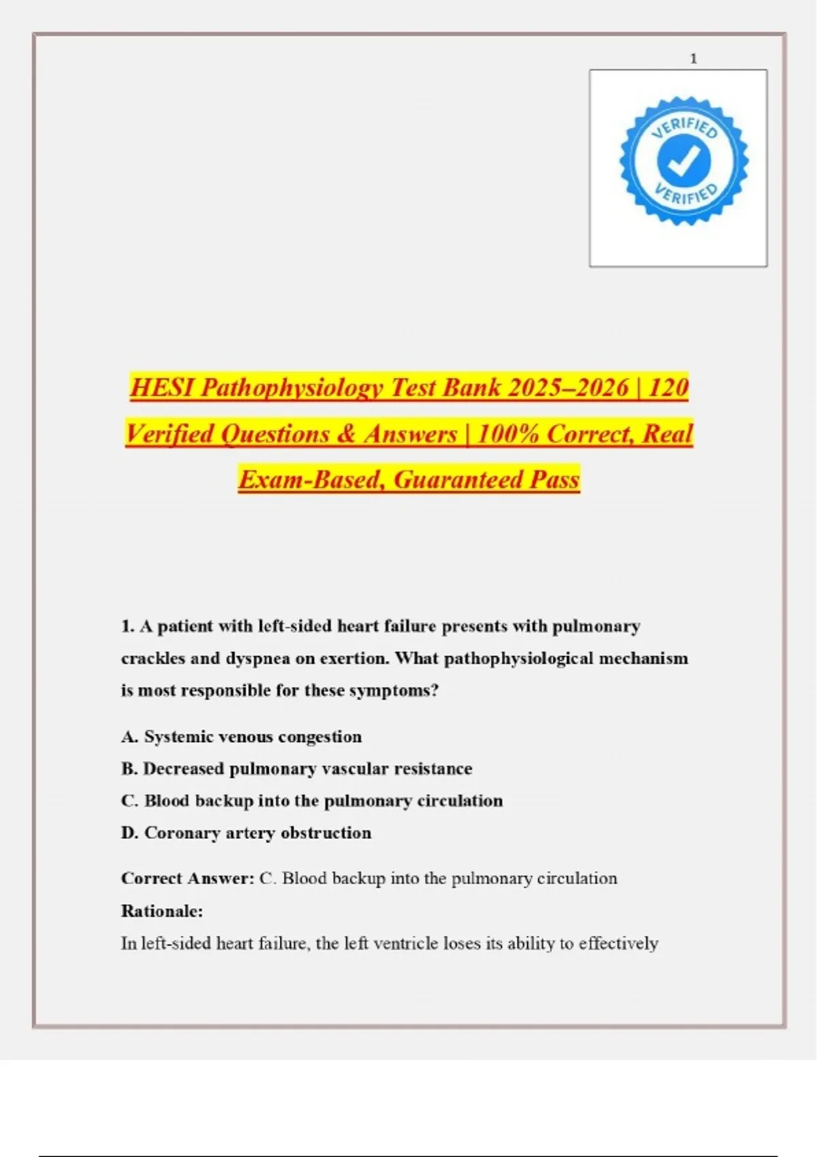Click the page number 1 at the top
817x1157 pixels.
693,59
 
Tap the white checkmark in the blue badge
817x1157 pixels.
684,161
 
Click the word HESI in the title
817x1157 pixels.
162,387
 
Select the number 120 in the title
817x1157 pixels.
668,387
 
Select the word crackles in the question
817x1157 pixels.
153,658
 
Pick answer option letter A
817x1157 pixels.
129,736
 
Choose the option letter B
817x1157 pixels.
129,768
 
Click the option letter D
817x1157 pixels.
129,832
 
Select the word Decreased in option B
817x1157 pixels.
183,768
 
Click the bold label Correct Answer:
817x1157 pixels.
187,878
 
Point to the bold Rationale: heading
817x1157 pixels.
162,911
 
